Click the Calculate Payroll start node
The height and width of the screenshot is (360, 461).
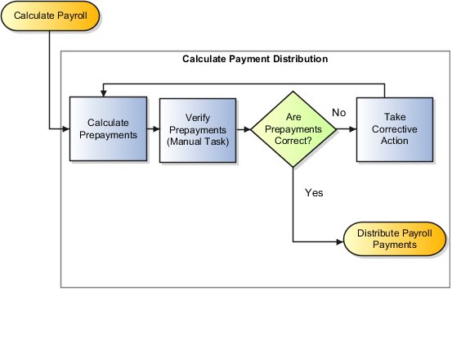click(50, 16)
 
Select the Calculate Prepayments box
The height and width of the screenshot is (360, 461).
click(108, 129)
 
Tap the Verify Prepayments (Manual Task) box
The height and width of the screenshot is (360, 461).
click(197, 129)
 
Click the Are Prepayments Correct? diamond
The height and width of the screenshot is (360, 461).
click(293, 129)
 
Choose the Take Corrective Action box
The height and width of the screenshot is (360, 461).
click(394, 129)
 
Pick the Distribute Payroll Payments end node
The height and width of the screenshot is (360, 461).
click(395, 240)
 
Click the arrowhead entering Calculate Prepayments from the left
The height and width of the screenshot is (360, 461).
click(65, 129)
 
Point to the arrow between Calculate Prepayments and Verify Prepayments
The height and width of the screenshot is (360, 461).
click(153, 129)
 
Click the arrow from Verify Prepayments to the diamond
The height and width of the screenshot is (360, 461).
click(243, 129)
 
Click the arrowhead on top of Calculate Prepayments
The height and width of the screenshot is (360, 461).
click(104, 93)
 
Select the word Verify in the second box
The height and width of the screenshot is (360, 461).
click(197, 118)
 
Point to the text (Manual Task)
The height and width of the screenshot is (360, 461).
click(197, 141)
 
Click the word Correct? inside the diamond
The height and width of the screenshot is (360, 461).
click(293, 141)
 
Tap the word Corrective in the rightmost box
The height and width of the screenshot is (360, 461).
click(394, 129)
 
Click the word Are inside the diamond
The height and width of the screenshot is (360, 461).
click(293, 118)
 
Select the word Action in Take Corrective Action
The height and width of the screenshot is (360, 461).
click(394, 141)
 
